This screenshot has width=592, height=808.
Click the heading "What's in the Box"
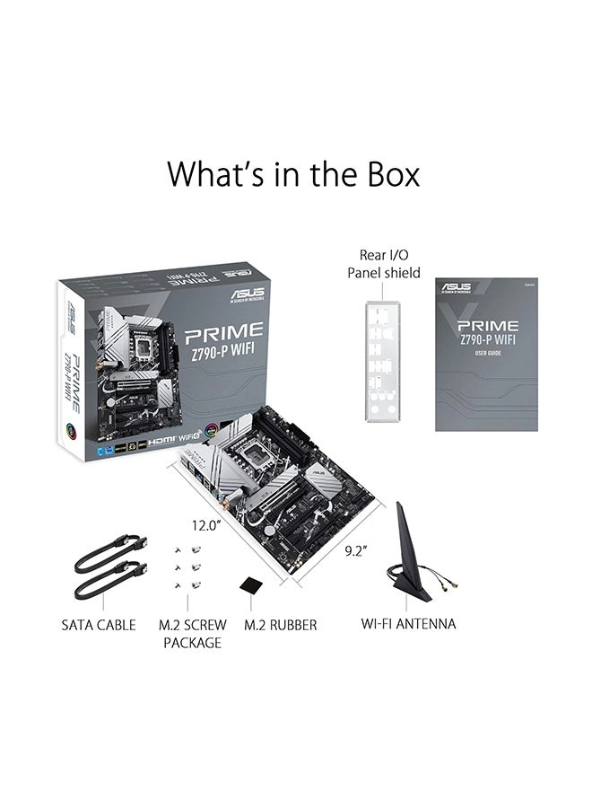(292, 173)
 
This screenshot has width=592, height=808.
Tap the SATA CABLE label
(99, 624)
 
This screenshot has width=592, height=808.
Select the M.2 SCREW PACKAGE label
(192, 633)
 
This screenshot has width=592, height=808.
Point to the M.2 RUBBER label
(281, 624)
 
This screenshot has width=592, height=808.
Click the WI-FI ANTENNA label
(408, 623)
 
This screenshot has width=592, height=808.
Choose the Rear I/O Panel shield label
(384, 263)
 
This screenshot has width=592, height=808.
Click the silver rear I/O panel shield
(382, 359)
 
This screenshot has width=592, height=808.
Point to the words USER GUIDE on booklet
(489, 352)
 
